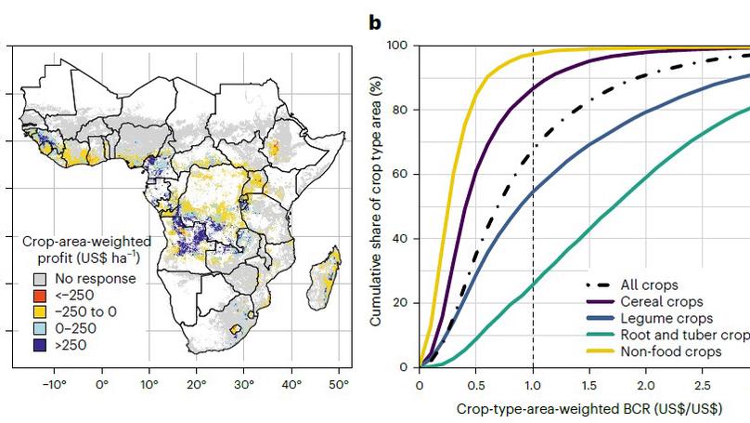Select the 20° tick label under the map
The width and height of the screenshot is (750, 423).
click(x=196, y=382)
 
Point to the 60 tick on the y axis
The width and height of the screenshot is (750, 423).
click(x=404, y=174)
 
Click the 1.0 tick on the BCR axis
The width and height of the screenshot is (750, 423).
click(x=533, y=382)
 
